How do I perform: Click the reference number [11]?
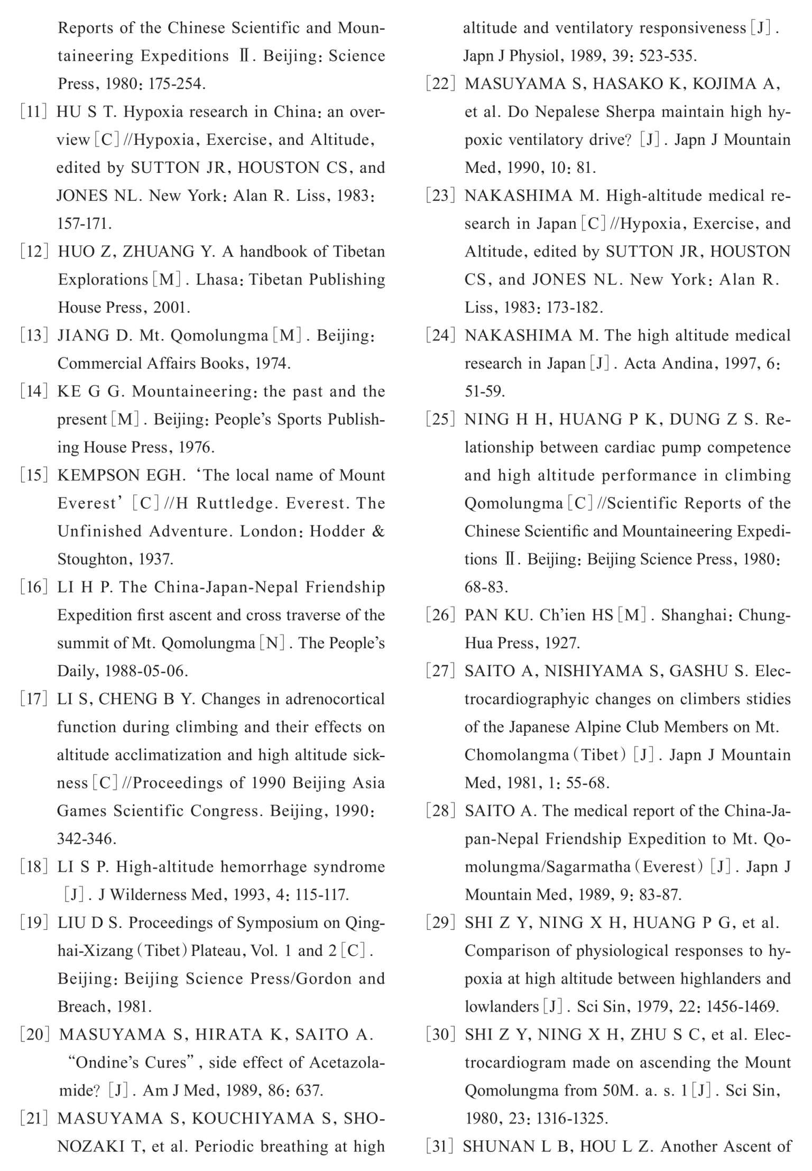point(34,112)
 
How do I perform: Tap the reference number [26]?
point(440,615)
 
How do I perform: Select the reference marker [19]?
point(34,923)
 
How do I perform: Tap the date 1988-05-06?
point(146,671)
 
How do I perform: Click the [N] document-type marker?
point(272,643)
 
